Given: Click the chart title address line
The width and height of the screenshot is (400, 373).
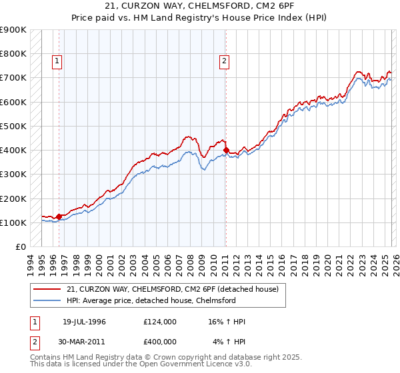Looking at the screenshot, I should (x=199, y=6).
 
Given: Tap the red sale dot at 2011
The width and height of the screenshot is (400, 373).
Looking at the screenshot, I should (x=226, y=150).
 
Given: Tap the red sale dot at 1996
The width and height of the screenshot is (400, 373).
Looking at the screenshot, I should (x=59, y=216).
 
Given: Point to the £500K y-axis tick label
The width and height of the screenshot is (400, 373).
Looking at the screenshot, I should (x=13, y=126).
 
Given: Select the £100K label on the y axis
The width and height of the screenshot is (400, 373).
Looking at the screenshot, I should (x=13, y=222).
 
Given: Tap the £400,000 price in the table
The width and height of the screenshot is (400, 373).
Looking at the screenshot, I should (x=160, y=342).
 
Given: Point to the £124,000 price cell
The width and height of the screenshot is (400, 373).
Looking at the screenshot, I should (x=160, y=322).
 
